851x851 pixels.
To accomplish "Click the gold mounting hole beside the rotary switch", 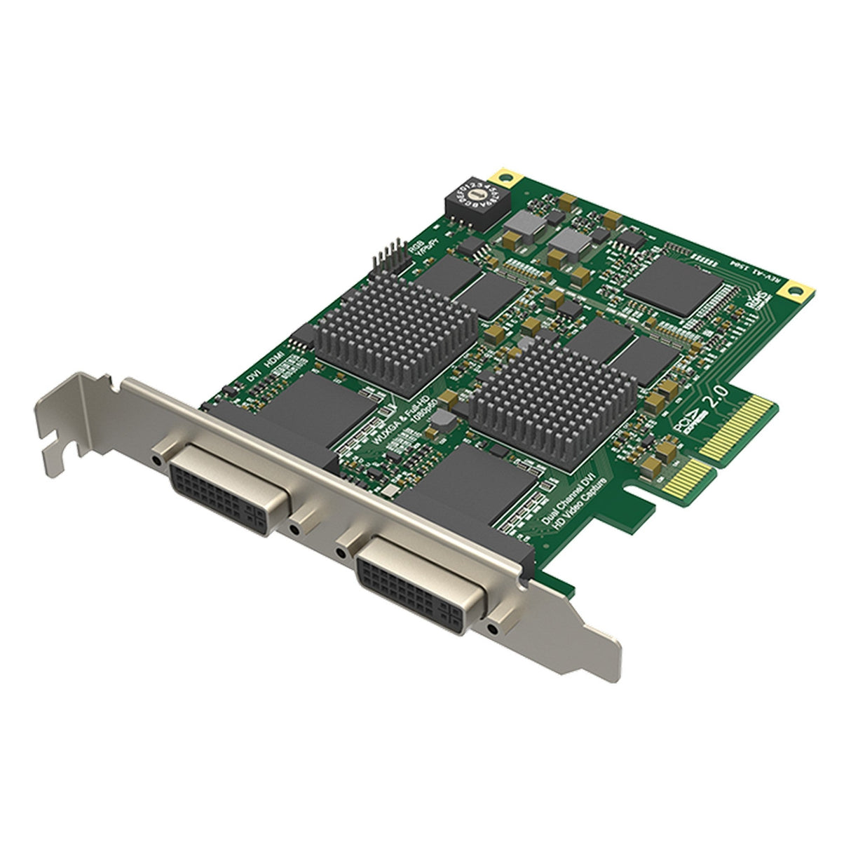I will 503,173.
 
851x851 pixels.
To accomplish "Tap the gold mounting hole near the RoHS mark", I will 798,287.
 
